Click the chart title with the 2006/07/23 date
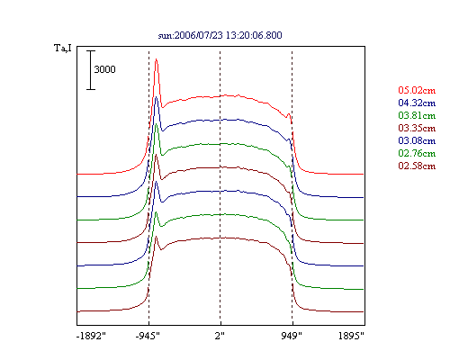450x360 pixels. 220,35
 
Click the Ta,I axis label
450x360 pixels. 63,48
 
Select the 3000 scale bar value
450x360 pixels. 104,69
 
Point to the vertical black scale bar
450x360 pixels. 91,70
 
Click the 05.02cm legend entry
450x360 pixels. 417,90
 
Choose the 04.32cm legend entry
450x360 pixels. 417,103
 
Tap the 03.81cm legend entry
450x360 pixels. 417,115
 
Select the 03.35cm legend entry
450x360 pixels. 417,128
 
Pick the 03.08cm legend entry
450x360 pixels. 417,140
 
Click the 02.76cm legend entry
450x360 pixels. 417,153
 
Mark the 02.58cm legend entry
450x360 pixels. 417,166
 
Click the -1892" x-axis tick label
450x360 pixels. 91,336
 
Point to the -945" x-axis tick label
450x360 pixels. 148,336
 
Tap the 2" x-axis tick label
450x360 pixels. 220,336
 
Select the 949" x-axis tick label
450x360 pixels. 292,336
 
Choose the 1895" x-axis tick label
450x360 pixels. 351,336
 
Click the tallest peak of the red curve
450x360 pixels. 156,59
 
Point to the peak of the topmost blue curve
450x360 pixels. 156,97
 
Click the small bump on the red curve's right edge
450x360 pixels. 289,114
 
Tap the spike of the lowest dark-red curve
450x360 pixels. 156,237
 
